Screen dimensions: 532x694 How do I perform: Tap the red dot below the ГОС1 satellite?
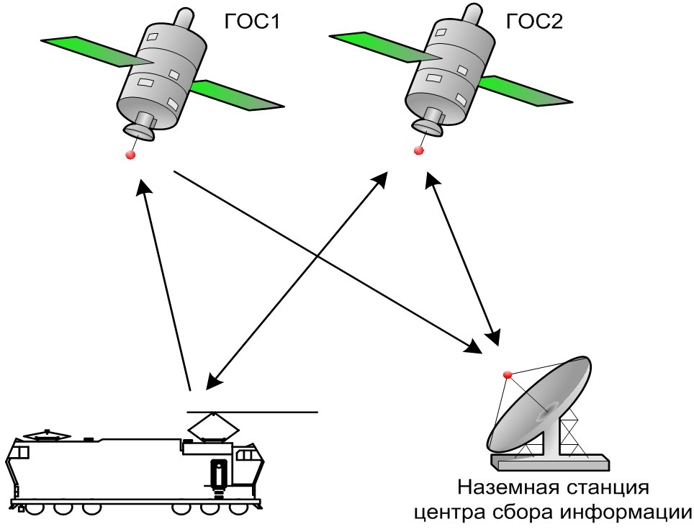coord(131,155)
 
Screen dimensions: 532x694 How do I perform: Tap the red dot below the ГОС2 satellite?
coord(419,150)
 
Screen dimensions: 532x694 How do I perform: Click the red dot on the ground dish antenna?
coord(507,374)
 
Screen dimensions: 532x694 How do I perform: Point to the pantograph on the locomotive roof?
coord(213,427)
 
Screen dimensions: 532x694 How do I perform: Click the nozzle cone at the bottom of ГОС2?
coord(429,124)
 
